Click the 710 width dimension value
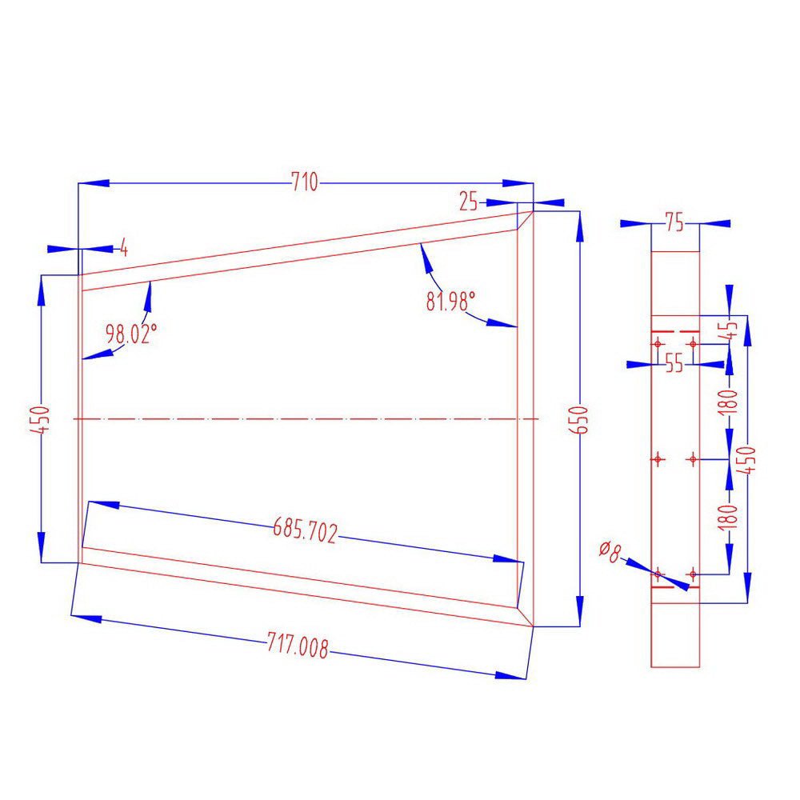[x=304, y=183]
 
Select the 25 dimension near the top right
[x=469, y=202]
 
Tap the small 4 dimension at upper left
[x=124, y=247]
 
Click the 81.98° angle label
[x=450, y=302]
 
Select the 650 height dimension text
[x=582, y=419]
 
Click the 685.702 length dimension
[x=306, y=529]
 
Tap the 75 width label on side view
[x=674, y=224]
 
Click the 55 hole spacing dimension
[x=674, y=364]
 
